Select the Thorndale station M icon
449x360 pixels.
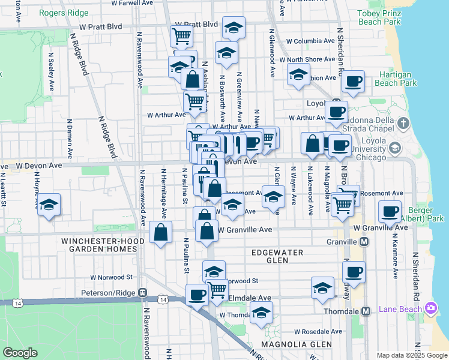point(366,311)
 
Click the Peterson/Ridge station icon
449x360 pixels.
point(143,293)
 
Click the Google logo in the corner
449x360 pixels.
point(20,353)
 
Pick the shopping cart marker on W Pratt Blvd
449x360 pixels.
point(181,35)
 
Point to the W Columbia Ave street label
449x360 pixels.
point(310,41)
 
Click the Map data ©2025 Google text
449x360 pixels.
point(412,355)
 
